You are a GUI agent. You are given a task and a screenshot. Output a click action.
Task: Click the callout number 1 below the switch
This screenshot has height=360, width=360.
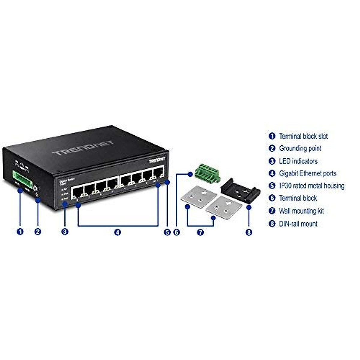[x=20, y=232]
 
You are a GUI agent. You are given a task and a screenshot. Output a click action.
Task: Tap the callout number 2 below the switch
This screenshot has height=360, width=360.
[x=38, y=232]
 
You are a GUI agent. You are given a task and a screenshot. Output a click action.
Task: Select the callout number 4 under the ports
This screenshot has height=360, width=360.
[x=118, y=232]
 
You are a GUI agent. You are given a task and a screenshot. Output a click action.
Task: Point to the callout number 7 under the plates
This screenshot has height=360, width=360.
[x=200, y=232]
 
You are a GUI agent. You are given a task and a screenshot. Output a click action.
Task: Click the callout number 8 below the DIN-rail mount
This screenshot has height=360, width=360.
[x=249, y=232]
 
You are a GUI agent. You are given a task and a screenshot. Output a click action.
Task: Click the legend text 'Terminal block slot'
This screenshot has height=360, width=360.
[x=303, y=136]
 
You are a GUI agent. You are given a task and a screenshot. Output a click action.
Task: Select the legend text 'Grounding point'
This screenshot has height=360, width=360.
[x=300, y=148]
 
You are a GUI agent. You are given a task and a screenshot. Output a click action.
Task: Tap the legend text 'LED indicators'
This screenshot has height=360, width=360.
[x=298, y=161]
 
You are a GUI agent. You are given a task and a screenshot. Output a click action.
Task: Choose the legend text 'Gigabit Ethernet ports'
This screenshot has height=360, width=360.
[x=307, y=173]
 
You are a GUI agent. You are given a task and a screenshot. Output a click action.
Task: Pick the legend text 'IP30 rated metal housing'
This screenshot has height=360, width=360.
[x=311, y=186]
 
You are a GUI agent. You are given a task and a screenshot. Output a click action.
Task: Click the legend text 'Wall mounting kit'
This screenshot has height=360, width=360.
[x=301, y=211]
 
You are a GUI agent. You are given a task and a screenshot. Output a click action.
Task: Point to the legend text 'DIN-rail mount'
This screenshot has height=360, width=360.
[x=298, y=223]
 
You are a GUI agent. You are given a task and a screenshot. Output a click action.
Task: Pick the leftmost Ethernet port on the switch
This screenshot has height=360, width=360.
[x=77, y=192]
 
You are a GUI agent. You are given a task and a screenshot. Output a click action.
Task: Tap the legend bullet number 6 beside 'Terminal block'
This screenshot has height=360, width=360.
[x=272, y=198]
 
